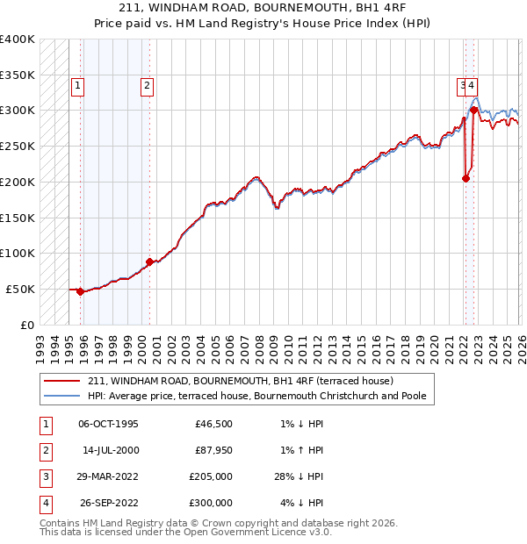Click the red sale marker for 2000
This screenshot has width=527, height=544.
click(x=149, y=261)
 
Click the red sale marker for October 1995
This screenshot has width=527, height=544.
click(x=80, y=291)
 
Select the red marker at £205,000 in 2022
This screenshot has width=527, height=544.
click(x=466, y=178)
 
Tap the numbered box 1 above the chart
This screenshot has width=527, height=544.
click(x=78, y=86)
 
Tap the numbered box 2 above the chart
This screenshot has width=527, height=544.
click(x=146, y=86)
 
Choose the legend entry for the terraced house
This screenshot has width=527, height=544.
click(x=241, y=381)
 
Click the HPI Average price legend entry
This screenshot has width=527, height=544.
click(x=256, y=396)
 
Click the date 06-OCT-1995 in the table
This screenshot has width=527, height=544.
click(x=109, y=424)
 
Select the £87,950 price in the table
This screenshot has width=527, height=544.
click(x=213, y=450)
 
